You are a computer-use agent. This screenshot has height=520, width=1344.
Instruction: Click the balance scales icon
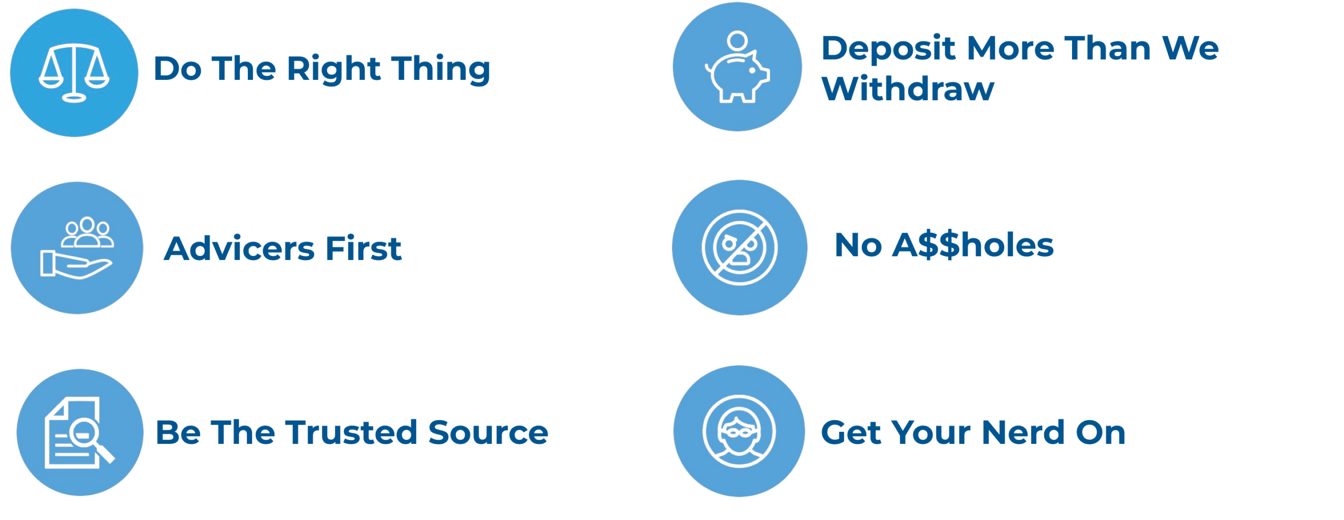[74, 73]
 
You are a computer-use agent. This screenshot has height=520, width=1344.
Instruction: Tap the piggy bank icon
[737, 76]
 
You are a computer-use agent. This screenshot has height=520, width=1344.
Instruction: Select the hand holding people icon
[77, 247]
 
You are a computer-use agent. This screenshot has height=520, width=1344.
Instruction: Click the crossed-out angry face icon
[739, 247]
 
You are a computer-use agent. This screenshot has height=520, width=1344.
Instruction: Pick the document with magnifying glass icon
[80, 432]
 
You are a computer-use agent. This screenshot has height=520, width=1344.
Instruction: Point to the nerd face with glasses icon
[739, 431]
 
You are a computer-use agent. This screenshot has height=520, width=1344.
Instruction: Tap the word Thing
[440, 69]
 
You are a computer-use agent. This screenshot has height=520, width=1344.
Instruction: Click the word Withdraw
[908, 88]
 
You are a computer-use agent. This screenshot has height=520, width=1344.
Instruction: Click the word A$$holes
[973, 245]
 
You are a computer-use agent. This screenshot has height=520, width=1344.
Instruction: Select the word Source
[488, 432]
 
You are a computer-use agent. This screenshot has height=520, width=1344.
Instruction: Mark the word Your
[931, 432]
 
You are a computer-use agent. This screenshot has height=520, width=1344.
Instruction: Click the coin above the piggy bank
[737, 40]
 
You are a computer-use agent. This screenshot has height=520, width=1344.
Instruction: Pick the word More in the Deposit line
[1010, 48]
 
